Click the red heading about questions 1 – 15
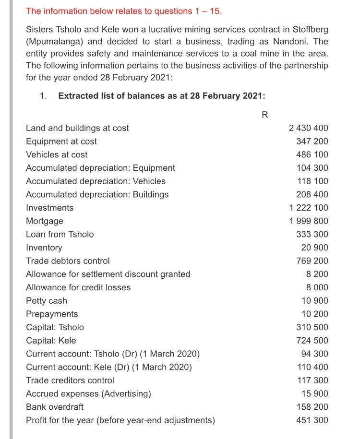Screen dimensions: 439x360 [124, 11]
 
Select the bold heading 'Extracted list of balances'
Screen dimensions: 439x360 [161, 95]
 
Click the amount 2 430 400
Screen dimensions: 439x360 [309, 128]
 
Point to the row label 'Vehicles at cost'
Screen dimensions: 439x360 [57, 154]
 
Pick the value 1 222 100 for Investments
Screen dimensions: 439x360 [309, 208]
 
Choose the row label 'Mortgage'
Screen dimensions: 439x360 [44, 221]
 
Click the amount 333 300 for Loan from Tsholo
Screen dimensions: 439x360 [312, 234]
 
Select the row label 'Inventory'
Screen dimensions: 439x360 [44, 248]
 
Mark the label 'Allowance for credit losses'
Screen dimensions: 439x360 [78, 287]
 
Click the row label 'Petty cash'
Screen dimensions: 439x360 [46, 301]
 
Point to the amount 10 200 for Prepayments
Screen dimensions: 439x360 [315, 314]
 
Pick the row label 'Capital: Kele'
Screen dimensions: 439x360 [50, 341]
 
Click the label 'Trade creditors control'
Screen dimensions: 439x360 [70, 380]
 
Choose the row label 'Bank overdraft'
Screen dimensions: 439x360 [54, 407]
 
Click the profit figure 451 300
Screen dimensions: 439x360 [312, 420]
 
